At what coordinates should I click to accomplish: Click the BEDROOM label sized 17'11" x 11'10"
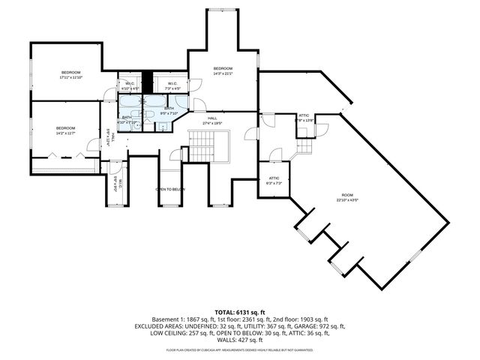click(70, 75)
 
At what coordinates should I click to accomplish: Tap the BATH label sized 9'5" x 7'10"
click(169, 111)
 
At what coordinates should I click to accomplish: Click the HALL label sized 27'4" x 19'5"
click(212, 120)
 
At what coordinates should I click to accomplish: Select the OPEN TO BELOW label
click(170, 189)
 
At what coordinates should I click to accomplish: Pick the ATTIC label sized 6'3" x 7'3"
click(274, 180)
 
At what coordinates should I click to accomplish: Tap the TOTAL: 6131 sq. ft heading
click(240, 311)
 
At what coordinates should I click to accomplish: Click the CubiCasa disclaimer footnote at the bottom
click(240, 349)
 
